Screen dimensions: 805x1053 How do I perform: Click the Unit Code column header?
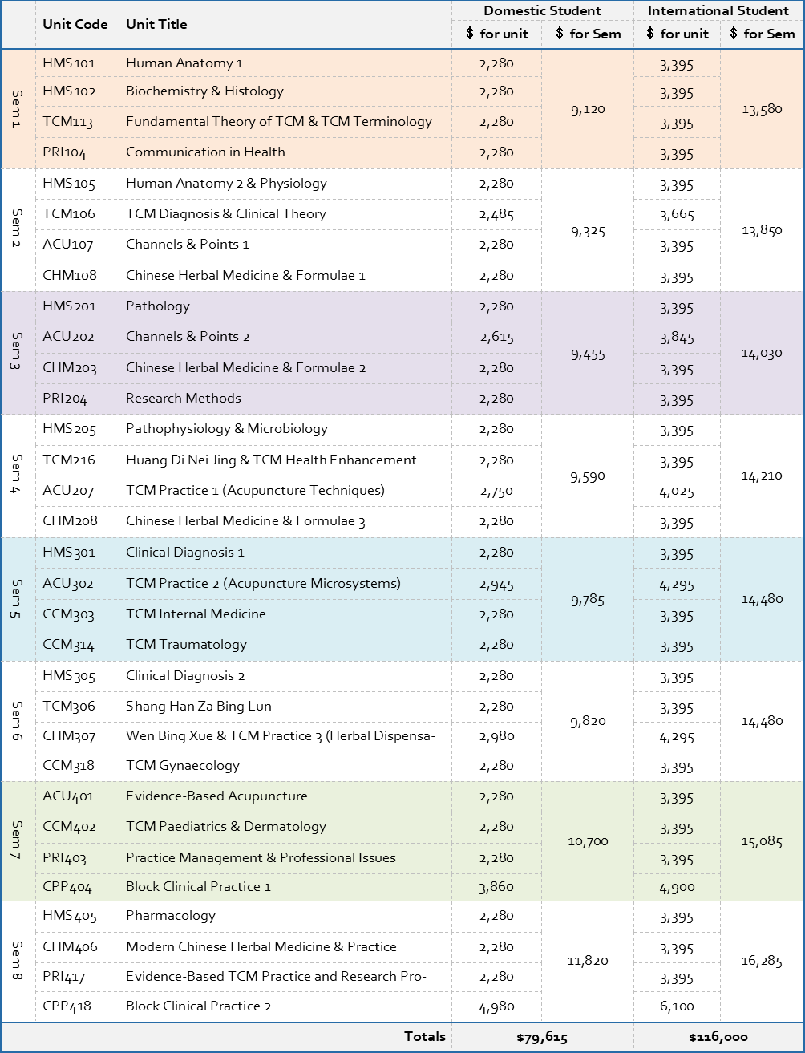(x=75, y=25)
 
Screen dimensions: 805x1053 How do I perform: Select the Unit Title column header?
(x=156, y=25)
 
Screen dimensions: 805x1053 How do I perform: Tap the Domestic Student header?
(x=542, y=10)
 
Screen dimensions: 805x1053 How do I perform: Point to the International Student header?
(x=718, y=10)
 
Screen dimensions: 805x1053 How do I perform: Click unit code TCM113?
(x=67, y=122)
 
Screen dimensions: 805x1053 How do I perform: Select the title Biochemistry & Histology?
(x=204, y=91)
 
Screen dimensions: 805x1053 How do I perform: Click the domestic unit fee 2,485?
(x=496, y=214)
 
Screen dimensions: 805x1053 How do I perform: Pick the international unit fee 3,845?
(x=677, y=338)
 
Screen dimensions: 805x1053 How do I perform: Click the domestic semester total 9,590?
(x=588, y=477)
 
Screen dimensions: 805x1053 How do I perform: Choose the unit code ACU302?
(x=68, y=584)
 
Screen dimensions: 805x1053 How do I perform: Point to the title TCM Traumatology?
(x=186, y=644)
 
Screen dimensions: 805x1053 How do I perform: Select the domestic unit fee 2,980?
(x=496, y=736)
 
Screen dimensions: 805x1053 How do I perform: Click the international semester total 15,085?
(x=762, y=842)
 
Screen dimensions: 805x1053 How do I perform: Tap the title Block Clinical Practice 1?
(x=198, y=886)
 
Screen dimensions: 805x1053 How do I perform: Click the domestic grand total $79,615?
(x=542, y=1038)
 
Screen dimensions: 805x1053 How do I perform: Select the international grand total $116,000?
(x=718, y=1038)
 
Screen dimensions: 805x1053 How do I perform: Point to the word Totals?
(x=425, y=1037)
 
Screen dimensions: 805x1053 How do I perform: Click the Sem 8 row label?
(x=16, y=961)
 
